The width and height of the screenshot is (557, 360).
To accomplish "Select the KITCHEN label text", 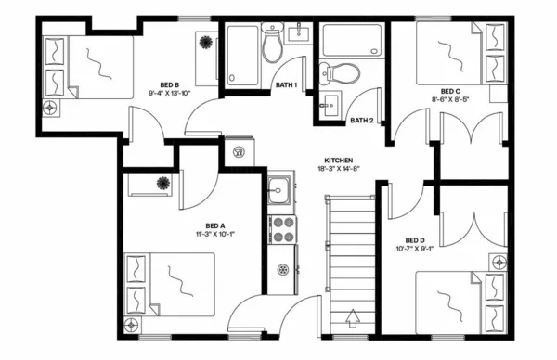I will click(338, 160).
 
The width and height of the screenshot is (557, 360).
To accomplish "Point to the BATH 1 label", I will click(286, 85).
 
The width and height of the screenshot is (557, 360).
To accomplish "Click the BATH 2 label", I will click(361, 121).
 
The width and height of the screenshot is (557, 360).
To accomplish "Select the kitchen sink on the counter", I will click(278, 195).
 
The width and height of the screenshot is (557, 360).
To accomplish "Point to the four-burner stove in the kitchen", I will click(280, 229).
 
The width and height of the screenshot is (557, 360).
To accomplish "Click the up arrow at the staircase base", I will click(352, 320).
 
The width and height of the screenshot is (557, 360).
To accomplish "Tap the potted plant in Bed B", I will click(205, 43).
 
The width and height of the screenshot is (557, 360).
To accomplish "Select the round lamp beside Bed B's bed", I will click(49, 107).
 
